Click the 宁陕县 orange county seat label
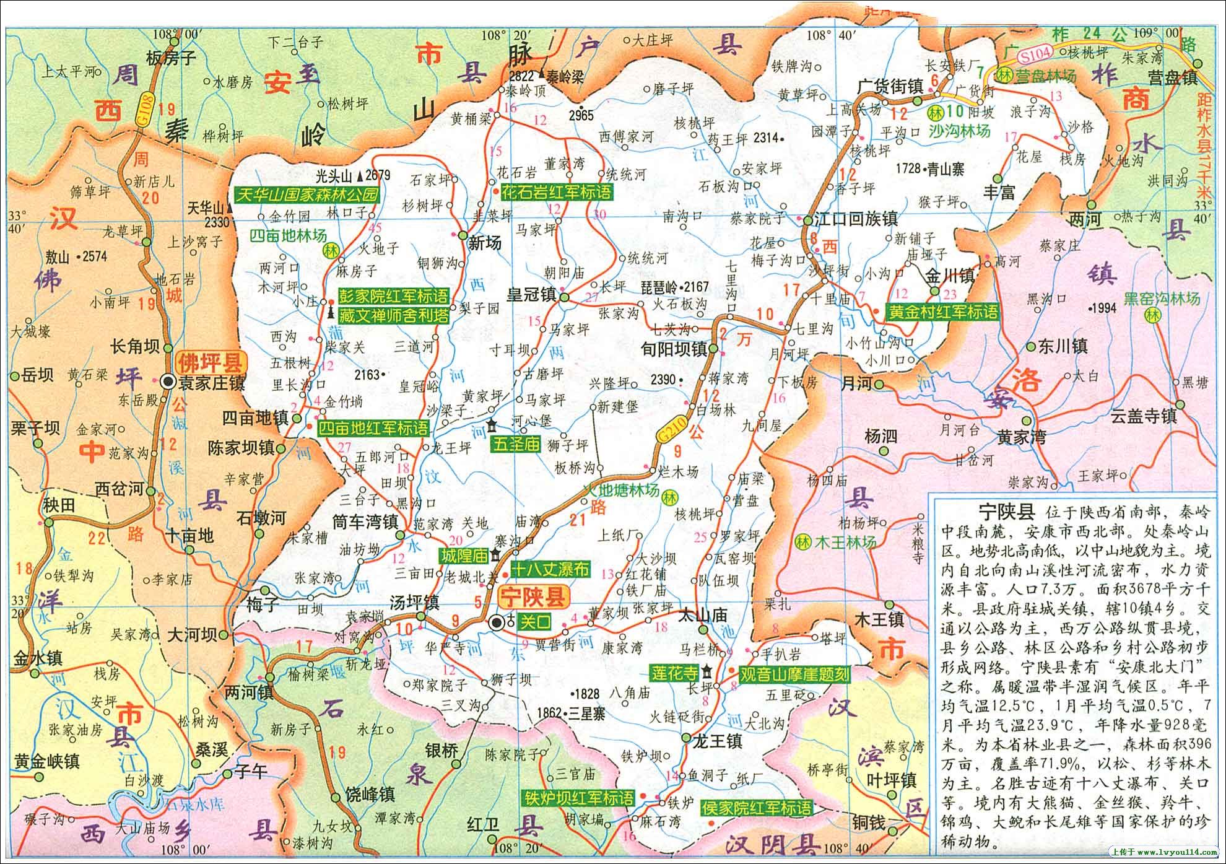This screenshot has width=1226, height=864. (534, 598)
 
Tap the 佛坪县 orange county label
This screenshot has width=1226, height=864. (211, 361)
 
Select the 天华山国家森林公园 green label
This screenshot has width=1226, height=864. (306, 194)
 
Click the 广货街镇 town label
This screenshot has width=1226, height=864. (890, 87)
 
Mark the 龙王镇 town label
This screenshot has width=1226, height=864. (719, 741)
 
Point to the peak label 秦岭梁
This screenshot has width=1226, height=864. (565, 76)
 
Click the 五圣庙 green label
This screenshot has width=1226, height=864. (516, 444)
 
